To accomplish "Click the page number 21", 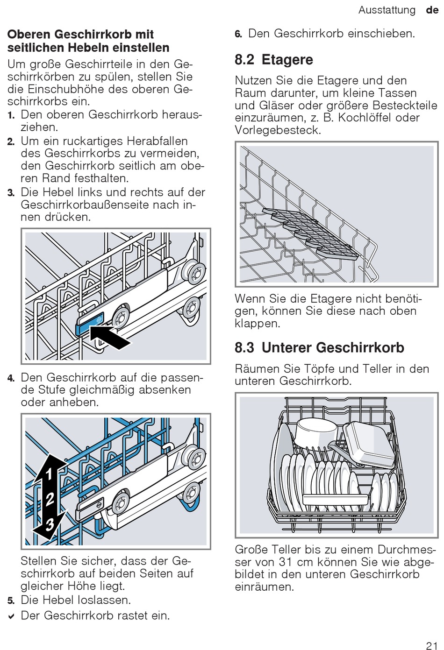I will (431, 645).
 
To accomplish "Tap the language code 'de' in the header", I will (432, 10).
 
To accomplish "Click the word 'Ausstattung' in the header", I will (387, 10).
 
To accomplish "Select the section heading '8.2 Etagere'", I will (274, 60).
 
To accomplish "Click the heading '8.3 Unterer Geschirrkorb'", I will (319, 347).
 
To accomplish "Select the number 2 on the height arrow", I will (50, 499).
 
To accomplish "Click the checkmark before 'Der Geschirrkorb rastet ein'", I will (11, 616).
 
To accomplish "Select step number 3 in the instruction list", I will (11, 193).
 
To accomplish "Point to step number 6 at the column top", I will (238, 34).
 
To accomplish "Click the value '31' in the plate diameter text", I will (286, 562).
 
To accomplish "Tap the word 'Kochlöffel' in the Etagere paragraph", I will (365, 118).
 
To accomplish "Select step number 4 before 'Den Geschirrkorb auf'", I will (11, 378).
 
